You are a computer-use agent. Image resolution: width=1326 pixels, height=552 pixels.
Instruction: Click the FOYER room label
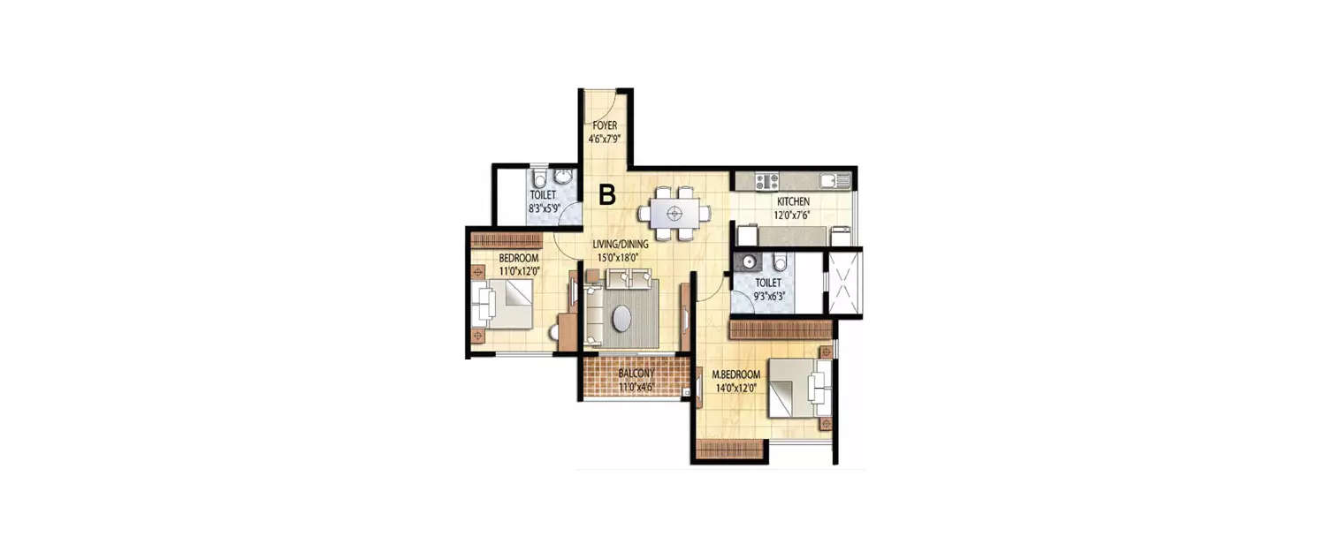[x=605, y=125]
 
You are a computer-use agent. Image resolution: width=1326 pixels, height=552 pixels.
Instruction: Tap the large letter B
[x=607, y=194]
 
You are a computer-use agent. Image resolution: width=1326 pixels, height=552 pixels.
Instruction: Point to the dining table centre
[x=674, y=212]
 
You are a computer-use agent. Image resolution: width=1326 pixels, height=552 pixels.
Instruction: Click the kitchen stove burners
[x=766, y=181]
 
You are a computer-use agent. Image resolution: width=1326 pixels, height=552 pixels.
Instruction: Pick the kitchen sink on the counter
[x=828, y=181]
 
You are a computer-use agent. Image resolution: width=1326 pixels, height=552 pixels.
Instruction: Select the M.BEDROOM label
[x=735, y=374]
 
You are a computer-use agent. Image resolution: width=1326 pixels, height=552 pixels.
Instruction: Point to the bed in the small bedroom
[x=502, y=304]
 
